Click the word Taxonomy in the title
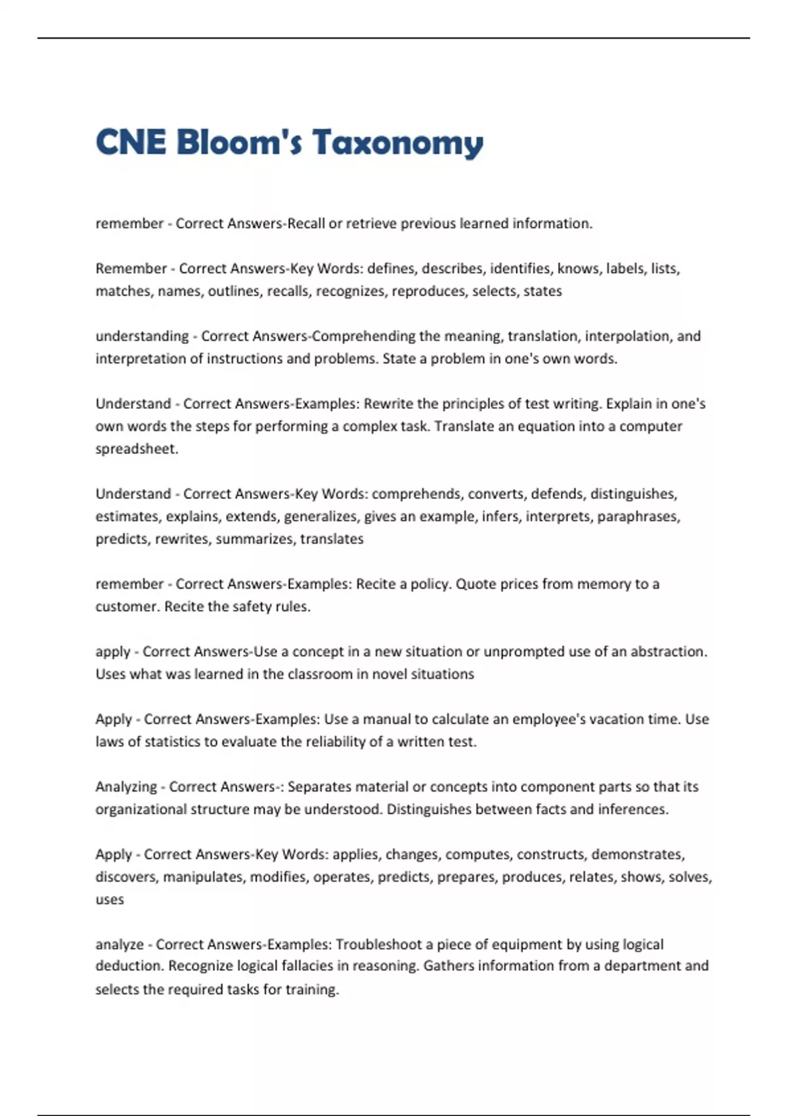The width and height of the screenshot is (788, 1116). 397,142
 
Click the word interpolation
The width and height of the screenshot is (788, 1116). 626,336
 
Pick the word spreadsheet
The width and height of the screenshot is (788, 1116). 136,450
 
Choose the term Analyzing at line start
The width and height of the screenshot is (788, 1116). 126,787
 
